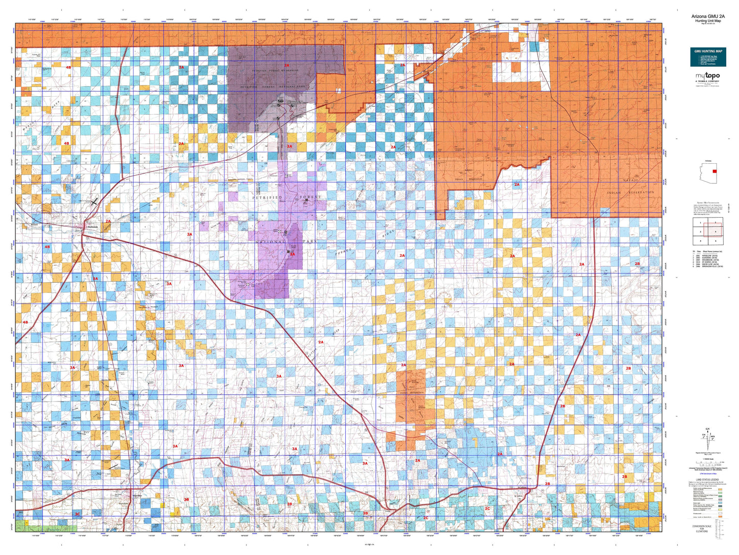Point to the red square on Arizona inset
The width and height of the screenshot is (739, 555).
click(x=714, y=172)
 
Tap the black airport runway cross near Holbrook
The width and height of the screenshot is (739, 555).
click(x=94, y=202)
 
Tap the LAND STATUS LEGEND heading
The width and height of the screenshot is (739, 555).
click(x=707, y=479)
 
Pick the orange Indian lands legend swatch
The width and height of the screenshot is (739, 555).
click(x=721, y=517)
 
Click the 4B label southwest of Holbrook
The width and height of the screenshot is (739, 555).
click(x=48, y=247)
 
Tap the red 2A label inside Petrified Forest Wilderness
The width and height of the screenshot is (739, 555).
click(x=286, y=66)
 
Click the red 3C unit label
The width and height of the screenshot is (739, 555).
click(x=77, y=514)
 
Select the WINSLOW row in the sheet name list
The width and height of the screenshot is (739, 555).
click(x=707, y=254)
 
